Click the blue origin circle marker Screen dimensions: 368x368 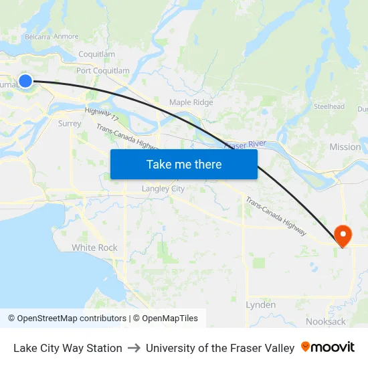[25, 81]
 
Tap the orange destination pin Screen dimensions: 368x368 [343, 235]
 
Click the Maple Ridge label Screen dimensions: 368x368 [191, 102]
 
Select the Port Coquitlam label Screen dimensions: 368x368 [102, 70]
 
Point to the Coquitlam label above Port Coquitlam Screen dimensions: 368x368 [96, 54]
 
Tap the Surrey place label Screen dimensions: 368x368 [70, 123]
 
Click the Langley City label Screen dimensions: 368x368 [163, 189]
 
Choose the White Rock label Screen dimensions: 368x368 [94, 248]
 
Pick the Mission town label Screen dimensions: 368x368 [345, 147]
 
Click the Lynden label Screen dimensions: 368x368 [260, 304]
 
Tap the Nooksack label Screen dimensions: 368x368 [326, 321]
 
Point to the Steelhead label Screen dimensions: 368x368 [329, 106]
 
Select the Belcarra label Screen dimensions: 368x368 [37, 37]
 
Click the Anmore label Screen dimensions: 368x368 [66, 37]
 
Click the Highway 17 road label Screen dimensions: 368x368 [102, 115]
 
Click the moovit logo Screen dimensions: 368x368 [328, 347]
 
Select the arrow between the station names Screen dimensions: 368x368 [134, 348]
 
